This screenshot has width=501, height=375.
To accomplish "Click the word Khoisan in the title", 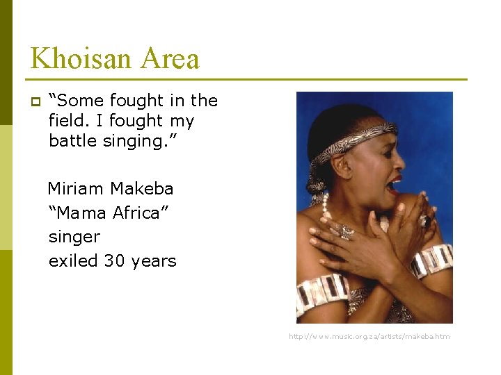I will click(x=79, y=58).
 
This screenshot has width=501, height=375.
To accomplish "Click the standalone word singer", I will click(x=74, y=237).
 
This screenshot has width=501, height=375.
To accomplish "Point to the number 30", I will click(x=114, y=261).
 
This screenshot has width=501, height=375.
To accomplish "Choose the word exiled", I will click(x=74, y=261).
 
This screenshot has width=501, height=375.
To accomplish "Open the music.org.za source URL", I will click(x=369, y=337).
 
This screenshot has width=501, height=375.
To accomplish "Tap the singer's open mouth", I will click(x=395, y=185).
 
